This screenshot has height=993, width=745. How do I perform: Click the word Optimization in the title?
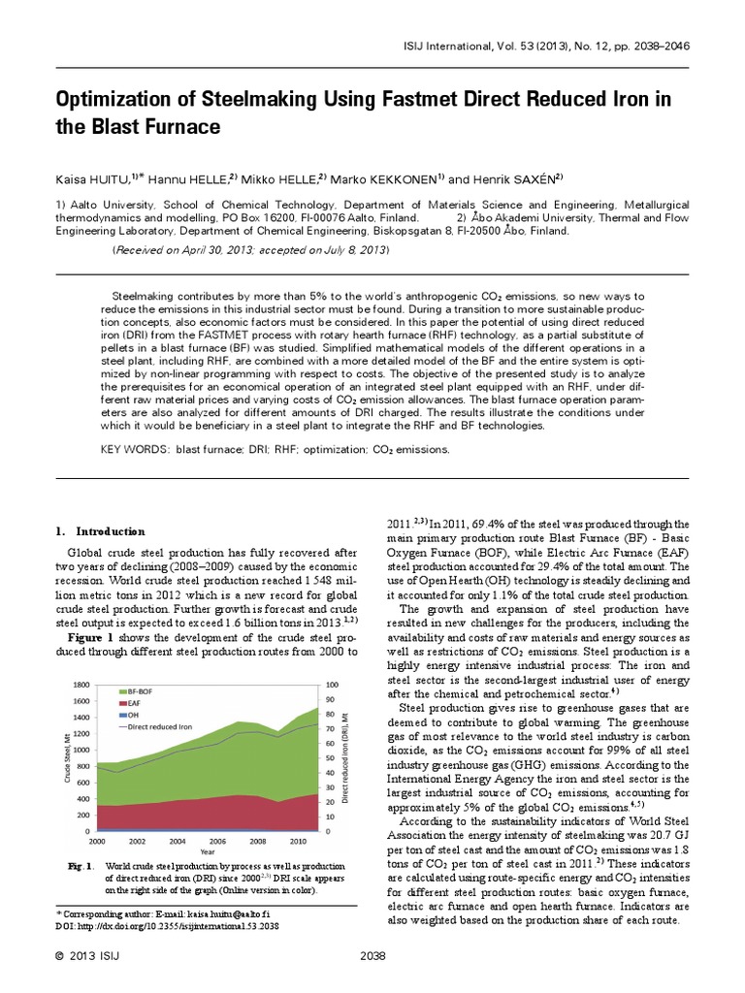click(x=118, y=100)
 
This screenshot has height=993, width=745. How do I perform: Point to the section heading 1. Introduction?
click(x=100, y=531)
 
